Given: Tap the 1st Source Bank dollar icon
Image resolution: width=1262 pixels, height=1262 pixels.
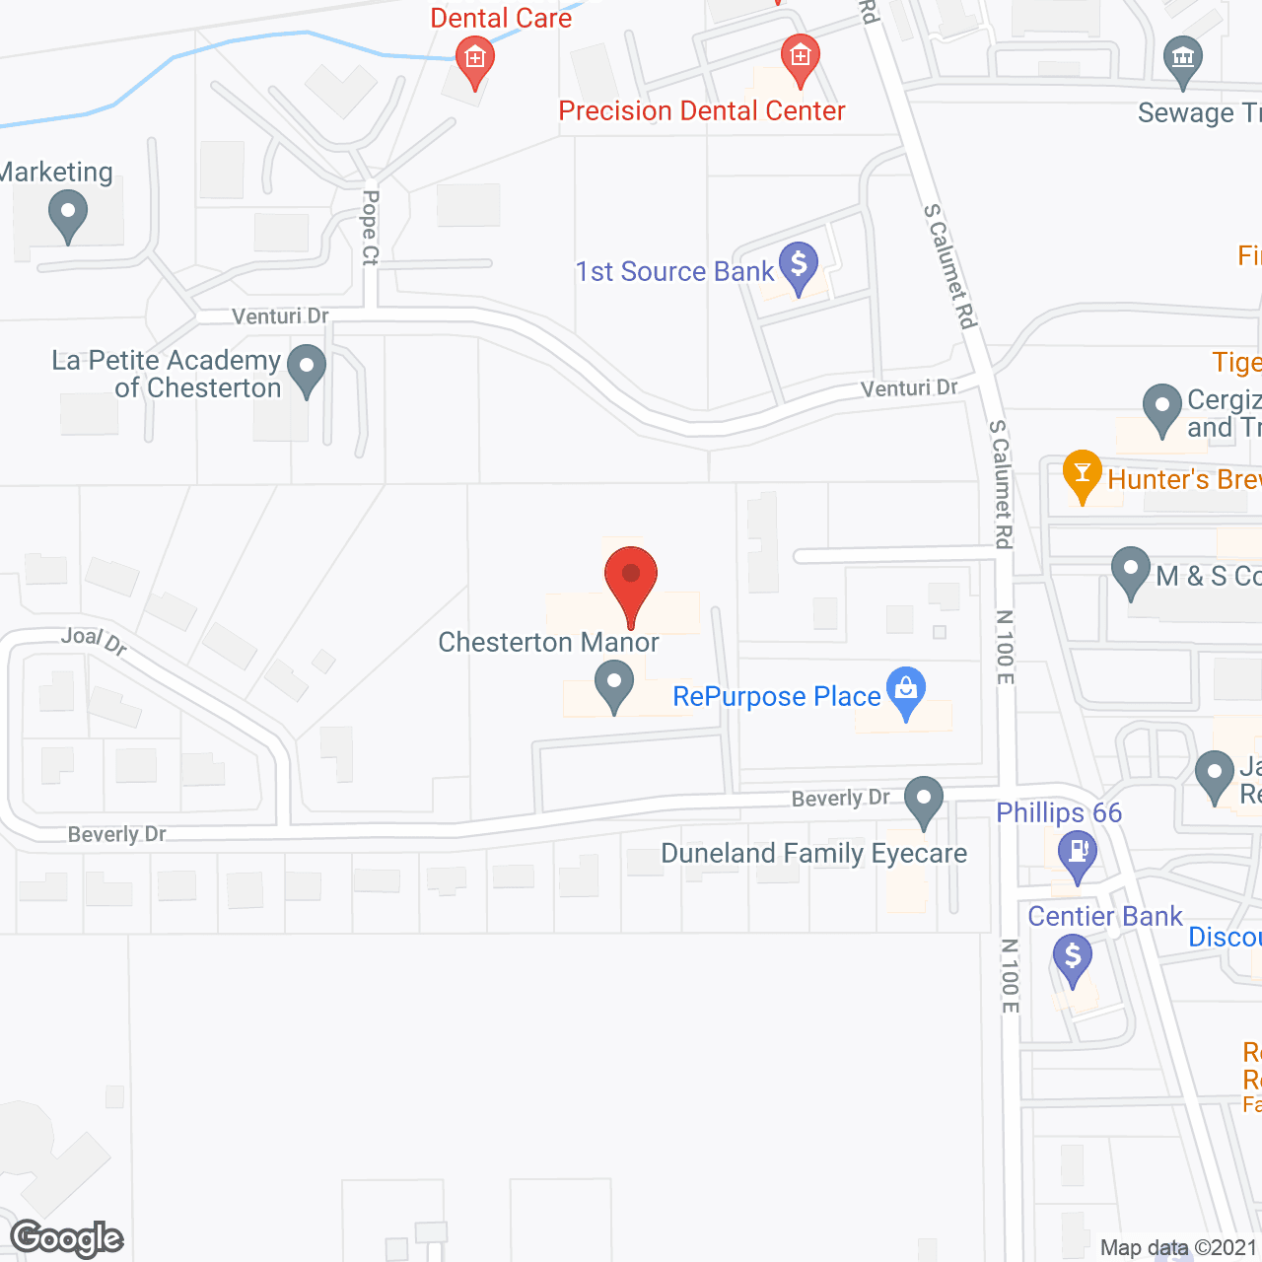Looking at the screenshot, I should pyautogui.click(x=799, y=266).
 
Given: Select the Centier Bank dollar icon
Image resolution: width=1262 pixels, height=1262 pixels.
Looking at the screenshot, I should pyautogui.click(x=1072, y=957).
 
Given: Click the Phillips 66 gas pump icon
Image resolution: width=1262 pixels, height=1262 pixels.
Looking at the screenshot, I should pyautogui.click(x=1078, y=853).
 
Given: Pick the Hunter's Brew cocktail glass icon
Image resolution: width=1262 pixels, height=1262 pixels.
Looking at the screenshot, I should pyautogui.click(x=1082, y=475).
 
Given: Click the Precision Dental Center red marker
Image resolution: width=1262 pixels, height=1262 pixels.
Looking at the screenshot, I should pyautogui.click(x=800, y=58).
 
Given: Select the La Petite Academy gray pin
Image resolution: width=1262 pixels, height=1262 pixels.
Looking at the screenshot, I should pyautogui.click(x=307, y=369).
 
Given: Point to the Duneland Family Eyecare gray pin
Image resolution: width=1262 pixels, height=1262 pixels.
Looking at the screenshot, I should pyautogui.click(x=924, y=801).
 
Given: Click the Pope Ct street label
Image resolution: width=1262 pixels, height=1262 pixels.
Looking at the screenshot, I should pyautogui.click(x=370, y=228).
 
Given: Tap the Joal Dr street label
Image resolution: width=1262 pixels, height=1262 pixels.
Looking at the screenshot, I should pyautogui.click(x=94, y=641).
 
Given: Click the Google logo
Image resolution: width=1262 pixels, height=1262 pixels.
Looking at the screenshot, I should pyautogui.click(x=67, y=1239).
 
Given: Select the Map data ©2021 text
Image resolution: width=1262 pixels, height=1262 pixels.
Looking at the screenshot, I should pyautogui.click(x=1178, y=1247).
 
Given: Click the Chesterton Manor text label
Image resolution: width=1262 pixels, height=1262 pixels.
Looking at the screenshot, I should pyautogui.click(x=548, y=642).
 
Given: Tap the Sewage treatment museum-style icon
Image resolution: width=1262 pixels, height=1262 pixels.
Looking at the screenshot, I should pyautogui.click(x=1182, y=60).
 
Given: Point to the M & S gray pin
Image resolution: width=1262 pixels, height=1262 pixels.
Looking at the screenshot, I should pyautogui.click(x=1130, y=572).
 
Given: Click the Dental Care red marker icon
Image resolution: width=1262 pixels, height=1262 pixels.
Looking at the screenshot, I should pyautogui.click(x=474, y=60).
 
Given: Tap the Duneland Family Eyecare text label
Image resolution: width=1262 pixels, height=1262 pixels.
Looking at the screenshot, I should pyautogui.click(x=813, y=853).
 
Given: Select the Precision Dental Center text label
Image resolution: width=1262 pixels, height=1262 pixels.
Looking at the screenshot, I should pyautogui.click(x=701, y=110).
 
